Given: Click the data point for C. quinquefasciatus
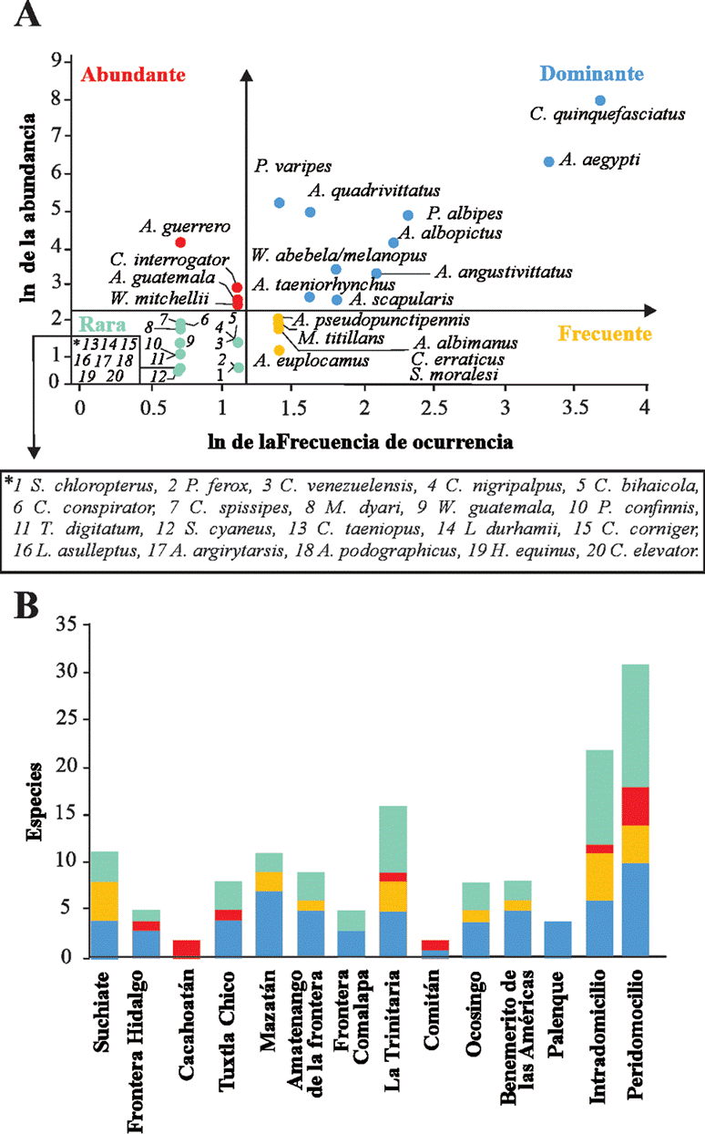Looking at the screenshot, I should click(x=600, y=100).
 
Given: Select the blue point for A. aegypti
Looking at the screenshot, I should click(x=548, y=161).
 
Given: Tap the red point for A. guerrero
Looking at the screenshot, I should click(x=180, y=242).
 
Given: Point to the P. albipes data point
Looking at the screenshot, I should click(x=408, y=215).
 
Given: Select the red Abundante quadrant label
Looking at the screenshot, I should click(x=133, y=75).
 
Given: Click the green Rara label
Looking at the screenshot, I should click(x=101, y=323).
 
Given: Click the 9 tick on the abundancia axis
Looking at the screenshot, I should click(x=56, y=61).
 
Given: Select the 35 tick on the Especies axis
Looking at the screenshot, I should click(x=62, y=626).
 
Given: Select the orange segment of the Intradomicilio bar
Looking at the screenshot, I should click(x=598, y=876).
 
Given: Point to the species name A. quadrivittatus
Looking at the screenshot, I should click(x=374, y=191).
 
